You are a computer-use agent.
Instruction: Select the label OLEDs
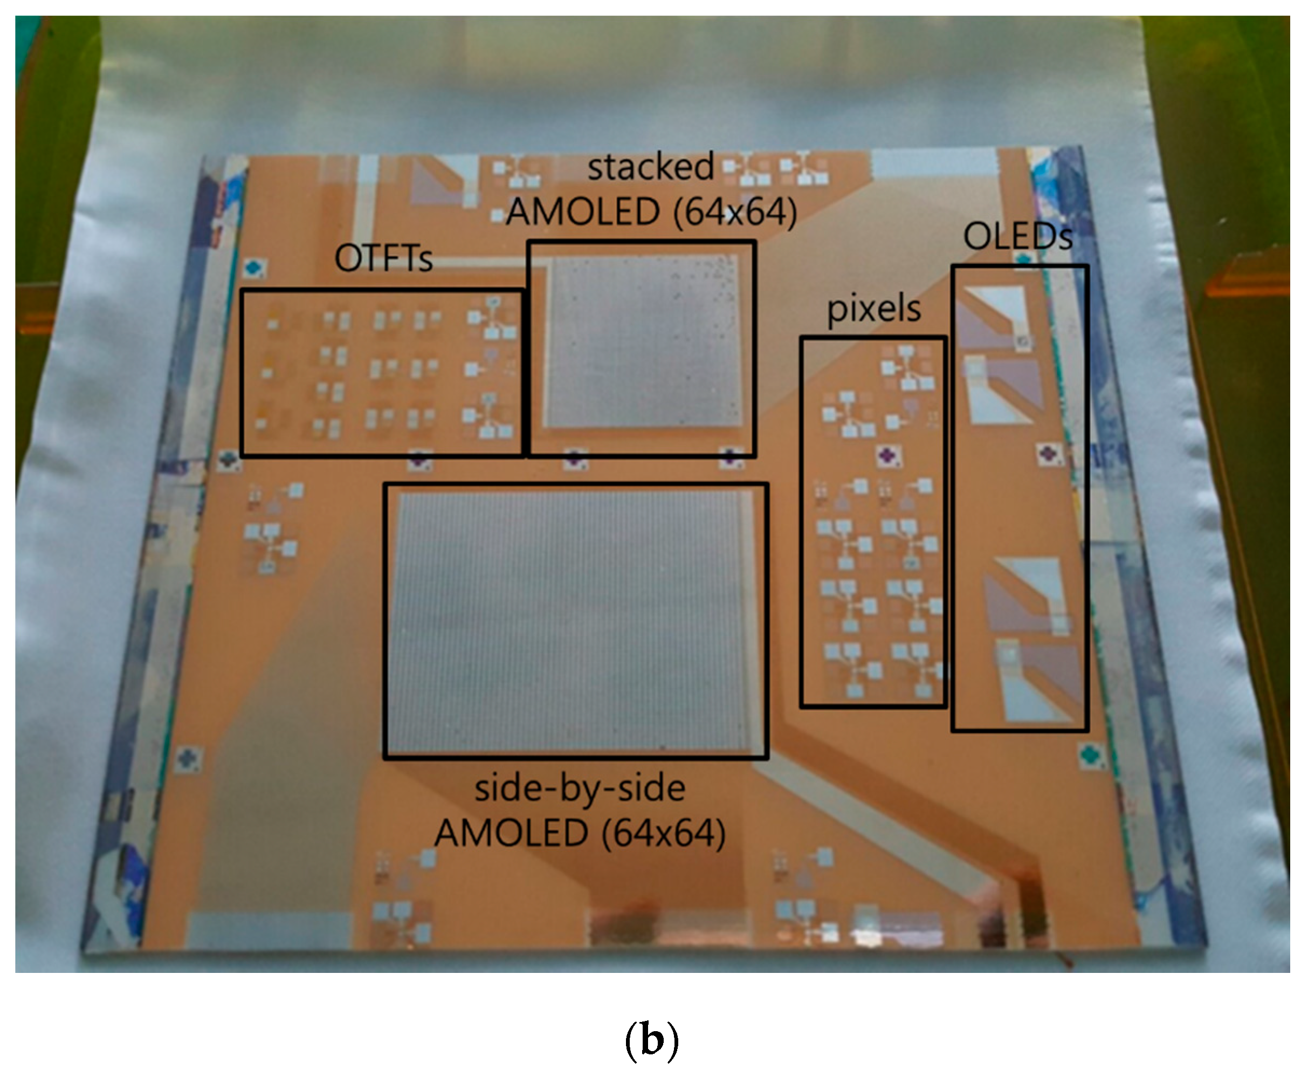(1017, 236)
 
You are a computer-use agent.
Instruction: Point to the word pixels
(873, 308)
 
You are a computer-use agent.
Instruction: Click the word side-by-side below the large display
(579, 788)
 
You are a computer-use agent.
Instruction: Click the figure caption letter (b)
(651, 1040)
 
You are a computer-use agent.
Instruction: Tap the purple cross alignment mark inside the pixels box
(888, 456)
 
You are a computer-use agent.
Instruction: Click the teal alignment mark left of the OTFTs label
(253, 269)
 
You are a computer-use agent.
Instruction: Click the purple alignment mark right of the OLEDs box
(1048, 454)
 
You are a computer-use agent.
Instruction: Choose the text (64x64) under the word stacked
(735, 212)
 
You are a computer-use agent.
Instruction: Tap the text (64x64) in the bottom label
(664, 833)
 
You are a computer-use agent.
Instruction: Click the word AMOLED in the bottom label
(511, 833)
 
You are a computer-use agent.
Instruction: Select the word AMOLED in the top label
(582, 212)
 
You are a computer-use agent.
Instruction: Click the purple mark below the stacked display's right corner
(730, 458)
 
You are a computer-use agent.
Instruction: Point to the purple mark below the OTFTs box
(418, 459)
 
